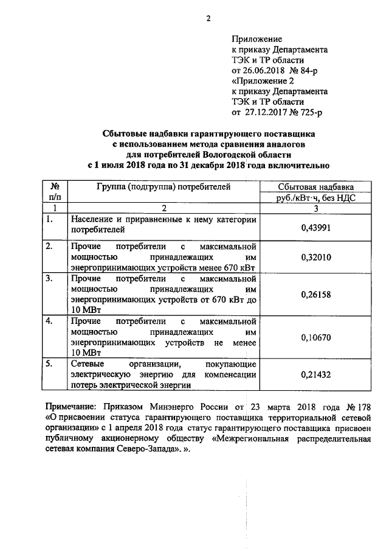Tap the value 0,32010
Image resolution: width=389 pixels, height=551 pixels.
tap(315, 258)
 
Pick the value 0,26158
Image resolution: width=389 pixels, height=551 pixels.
tap(315, 295)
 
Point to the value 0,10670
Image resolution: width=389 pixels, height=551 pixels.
tap(315, 336)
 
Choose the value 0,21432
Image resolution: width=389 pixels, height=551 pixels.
tap(315, 374)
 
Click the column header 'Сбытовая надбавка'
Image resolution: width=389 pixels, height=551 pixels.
tap(315, 188)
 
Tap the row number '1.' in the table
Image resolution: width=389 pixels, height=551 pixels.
tap(50, 219)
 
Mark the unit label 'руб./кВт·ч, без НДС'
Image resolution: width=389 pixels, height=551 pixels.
tap(315, 197)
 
